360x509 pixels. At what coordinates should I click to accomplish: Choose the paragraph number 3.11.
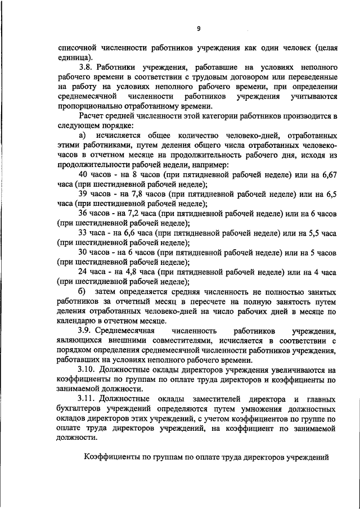click(x=89, y=399)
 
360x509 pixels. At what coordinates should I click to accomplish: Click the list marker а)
click(x=83, y=136)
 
